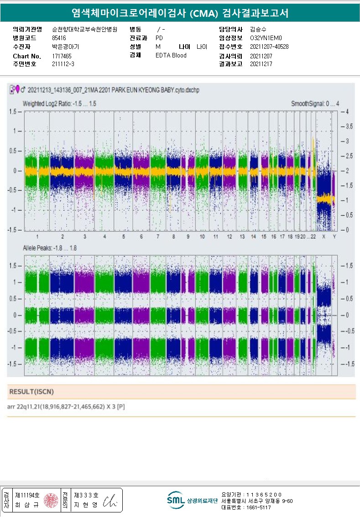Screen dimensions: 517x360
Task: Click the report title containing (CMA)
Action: tap(180, 12)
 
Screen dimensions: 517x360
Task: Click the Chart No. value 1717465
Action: tap(62, 56)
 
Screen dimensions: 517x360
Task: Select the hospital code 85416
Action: tap(59, 38)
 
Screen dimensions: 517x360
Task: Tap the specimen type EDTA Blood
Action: tap(171, 56)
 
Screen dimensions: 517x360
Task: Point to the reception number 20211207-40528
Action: tap(269, 47)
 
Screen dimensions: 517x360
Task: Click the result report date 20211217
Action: tap(261, 64)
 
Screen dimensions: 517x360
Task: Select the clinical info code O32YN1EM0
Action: tap(266, 38)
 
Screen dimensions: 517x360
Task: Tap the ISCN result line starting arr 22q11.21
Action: tap(67, 406)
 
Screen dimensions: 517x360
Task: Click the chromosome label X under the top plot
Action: tap(323, 237)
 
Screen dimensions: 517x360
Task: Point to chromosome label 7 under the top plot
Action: tap(158, 237)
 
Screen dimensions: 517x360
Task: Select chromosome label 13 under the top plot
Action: tap(242, 237)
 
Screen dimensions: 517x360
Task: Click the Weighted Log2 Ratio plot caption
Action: tap(59, 104)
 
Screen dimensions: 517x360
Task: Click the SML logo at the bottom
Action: tap(175, 500)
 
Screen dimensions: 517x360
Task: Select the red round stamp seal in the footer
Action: tap(51, 500)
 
